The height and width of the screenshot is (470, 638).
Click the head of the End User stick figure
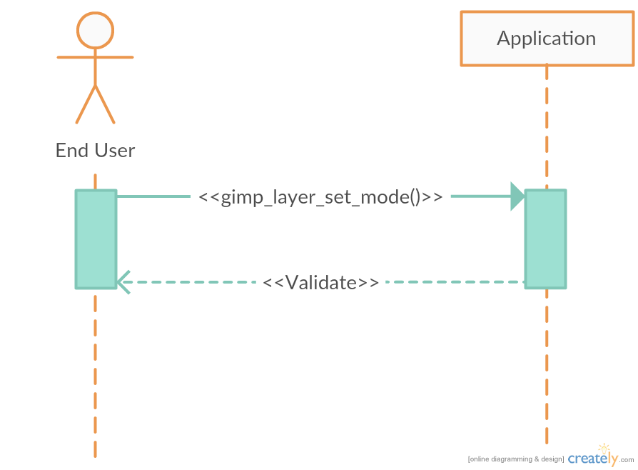95,30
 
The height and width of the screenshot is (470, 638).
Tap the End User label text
95,151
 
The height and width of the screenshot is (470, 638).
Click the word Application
547,38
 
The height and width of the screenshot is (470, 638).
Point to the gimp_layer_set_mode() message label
320,197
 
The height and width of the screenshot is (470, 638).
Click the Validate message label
320,283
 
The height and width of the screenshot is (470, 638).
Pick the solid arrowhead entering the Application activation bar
518,196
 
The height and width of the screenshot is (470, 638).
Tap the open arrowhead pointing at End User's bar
123,282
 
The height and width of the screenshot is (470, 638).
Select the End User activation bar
96,239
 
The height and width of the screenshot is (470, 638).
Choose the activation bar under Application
546,239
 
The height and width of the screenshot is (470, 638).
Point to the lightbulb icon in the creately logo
605,449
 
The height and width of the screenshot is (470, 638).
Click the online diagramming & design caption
516,459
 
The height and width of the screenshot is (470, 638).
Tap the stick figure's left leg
85,106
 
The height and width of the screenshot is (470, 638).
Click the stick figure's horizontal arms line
95,57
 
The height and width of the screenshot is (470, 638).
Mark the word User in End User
112,151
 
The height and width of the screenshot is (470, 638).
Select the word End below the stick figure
72,151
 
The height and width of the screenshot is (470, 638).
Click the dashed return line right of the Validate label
453,282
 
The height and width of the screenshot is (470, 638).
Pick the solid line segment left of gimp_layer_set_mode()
153,196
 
